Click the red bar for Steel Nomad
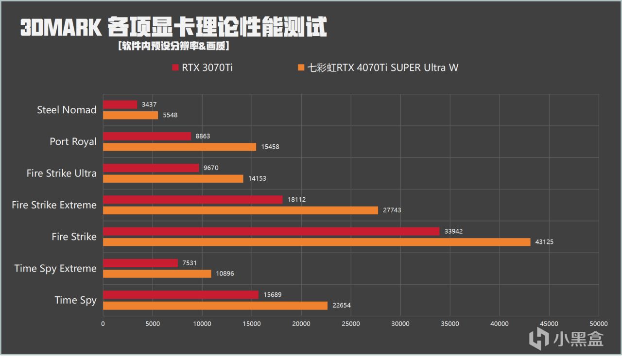(x=120, y=104)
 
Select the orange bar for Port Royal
(x=179, y=147)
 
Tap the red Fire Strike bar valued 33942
(x=271, y=231)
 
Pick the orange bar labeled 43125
(x=316, y=242)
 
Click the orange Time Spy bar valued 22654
(x=215, y=306)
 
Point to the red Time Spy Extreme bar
(x=140, y=263)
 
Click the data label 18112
(x=296, y=200)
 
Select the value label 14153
(x=257, y=179)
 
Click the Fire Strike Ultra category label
(x=62, y=173)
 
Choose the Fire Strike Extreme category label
(x=54, y=205)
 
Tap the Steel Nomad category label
(x=67, y=110)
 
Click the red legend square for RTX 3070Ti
(x=176, y=68)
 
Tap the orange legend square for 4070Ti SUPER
(x=301, y=68)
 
